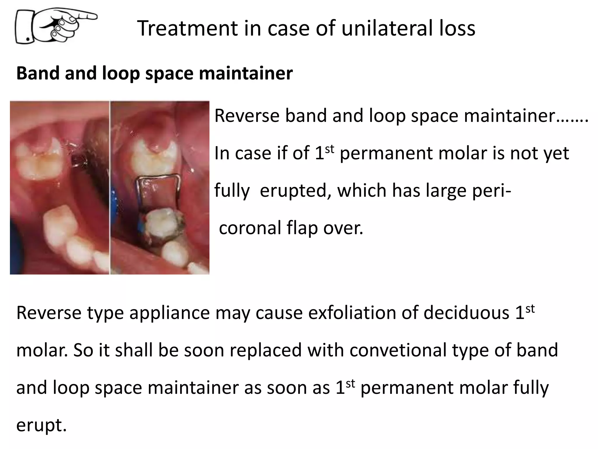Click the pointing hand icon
coord(55,26)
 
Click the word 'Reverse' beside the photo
coord(247,116)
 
